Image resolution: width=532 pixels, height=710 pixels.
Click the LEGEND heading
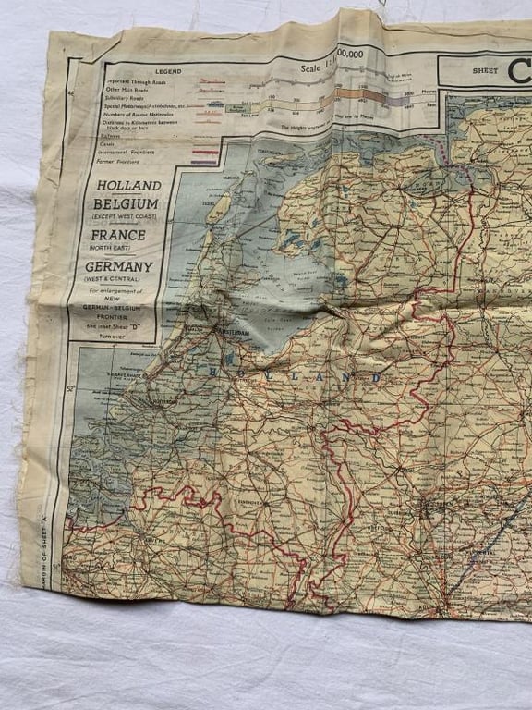168,70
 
